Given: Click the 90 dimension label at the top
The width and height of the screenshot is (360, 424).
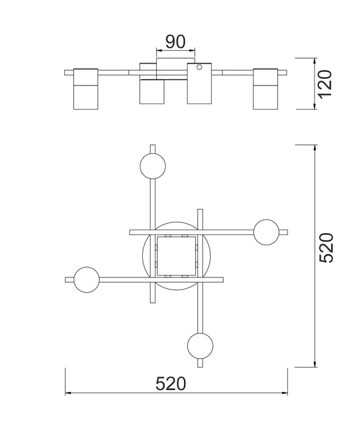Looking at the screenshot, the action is click(x=175, y=42).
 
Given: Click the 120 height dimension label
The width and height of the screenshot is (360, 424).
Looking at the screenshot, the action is click(x=324, y=84).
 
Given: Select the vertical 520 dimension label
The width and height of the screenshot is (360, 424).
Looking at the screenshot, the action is click(x=326, y=248).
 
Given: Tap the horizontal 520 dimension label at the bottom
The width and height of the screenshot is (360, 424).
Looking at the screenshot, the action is click(x=171, y=383).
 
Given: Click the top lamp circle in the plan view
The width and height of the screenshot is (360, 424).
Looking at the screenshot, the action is click(x=153, y=166).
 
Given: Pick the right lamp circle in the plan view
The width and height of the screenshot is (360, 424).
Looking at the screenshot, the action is click(x=266, y=232).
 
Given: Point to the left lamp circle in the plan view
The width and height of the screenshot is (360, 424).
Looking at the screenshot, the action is click(x=87, y=280).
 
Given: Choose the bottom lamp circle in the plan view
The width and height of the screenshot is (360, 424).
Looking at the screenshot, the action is click(x=200, y=346).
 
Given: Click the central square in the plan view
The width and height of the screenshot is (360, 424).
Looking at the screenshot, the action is click(x=176, y=256).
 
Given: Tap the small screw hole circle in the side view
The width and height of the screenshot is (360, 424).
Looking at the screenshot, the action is click(x=199, y=67).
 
